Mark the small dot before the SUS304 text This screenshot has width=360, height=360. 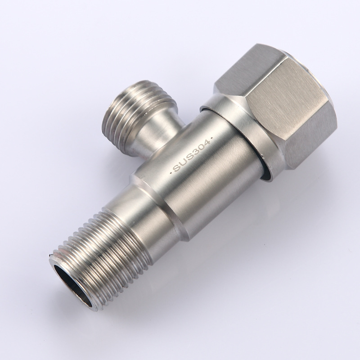[x=171, y=172]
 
